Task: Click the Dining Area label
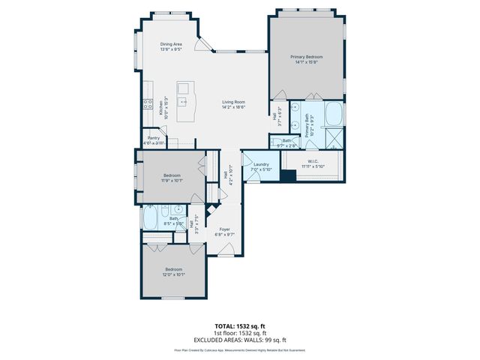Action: click(x=171, y=46)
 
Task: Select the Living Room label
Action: click(x=233, y=104)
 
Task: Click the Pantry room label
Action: click(x=154, y=140)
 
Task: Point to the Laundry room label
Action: click(x=261, y=166)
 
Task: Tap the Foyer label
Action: click(x=224, y=232)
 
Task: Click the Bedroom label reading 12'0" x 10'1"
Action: click(x=174, y=271)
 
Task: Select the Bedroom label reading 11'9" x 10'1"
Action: click(x=172, y=178)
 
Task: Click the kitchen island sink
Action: click(x=181, y=97)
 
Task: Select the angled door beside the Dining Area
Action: click(x=198, y=46)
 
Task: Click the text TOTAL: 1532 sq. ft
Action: click(x=240, y=326)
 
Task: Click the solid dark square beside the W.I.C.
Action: click(x=287, y=176)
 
